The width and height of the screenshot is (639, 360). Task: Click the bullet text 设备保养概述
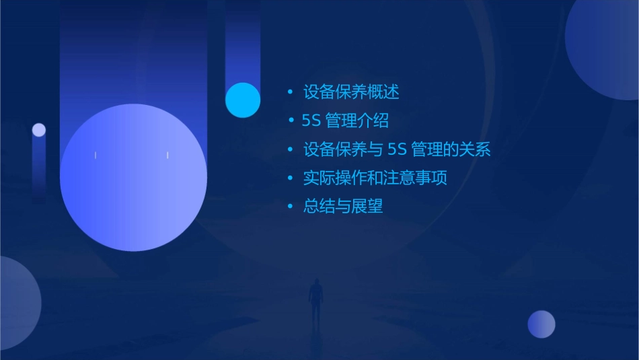click(351, 92)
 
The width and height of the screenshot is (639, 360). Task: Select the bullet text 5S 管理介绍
click(346, 121)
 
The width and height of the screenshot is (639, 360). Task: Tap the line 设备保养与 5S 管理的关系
click(397, 149)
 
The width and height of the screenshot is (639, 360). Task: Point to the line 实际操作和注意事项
click(375, 178)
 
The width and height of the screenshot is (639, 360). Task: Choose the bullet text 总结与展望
click(343, 207)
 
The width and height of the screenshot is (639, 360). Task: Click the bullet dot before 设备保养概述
click(290, 92)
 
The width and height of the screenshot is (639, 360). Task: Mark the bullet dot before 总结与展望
click(290, 207)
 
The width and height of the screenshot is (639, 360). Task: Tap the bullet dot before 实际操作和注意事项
click(290, 178)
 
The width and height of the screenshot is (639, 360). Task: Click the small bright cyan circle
click(243, 100)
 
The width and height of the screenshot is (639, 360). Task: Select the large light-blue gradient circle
click(133, 178)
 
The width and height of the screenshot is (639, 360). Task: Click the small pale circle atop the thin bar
click(39, 130)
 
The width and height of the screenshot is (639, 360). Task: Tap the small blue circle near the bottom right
click(541, 324)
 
